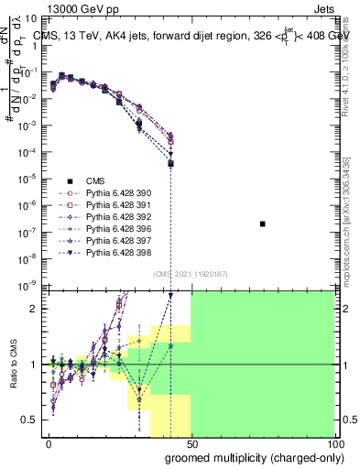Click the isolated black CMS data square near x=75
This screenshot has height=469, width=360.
tap(263, 224)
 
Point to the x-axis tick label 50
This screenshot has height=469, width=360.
tap(191, 442)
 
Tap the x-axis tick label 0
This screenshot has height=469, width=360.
tap(49, 442)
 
